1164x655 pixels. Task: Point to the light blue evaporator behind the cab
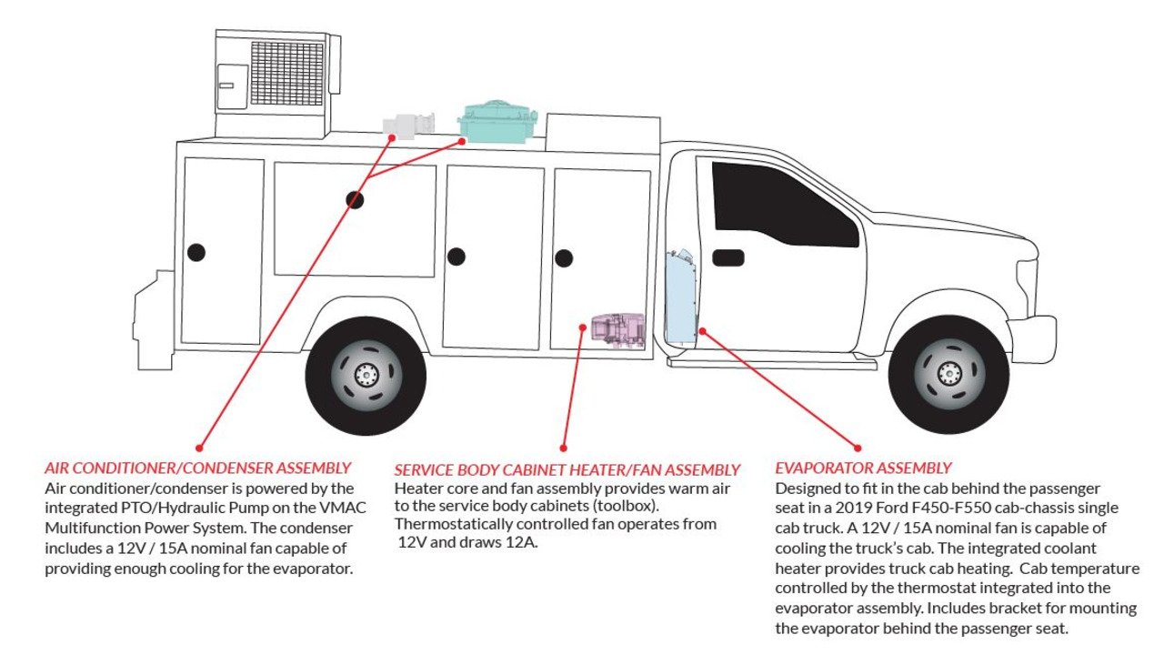point(680,296)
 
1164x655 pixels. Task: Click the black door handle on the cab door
point(727,257)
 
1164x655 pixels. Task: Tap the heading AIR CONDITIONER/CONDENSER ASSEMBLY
point(197,468)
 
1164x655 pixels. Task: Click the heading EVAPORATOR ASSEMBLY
point(863,468)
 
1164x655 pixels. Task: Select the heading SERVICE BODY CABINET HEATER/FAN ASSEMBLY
point(567,470)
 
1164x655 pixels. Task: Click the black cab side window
point(782,205)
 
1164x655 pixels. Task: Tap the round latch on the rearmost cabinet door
point(196,252)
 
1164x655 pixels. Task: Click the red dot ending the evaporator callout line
point(857,447)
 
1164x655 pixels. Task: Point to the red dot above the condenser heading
point(199,447)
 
